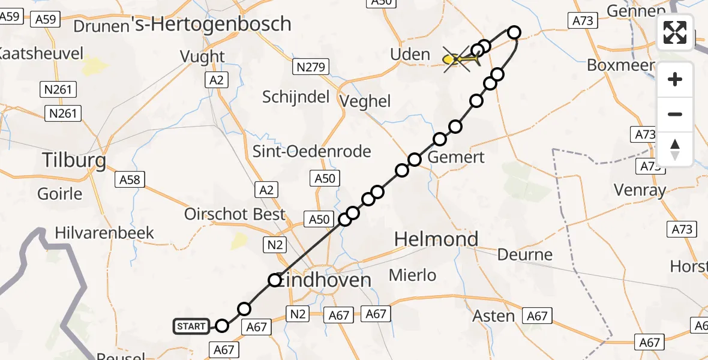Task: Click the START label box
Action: [x=191, y=326]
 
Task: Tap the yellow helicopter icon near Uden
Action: [x=461, y=59]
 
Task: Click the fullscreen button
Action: [x=675, y=32]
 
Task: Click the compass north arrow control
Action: [x=675, y=149]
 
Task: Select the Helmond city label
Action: [x=436, y=239]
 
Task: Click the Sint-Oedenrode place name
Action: [x=311, y=151]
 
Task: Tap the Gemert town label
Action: [x=457, y=158]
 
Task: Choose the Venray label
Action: [x=640, y=191]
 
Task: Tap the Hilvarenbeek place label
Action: [x=104, y=233]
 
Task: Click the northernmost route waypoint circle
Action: [x=514, y=32]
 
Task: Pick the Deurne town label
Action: [x=524, y=254]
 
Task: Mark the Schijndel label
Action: [x=296, y=96]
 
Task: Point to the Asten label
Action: [x=494, y=316]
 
